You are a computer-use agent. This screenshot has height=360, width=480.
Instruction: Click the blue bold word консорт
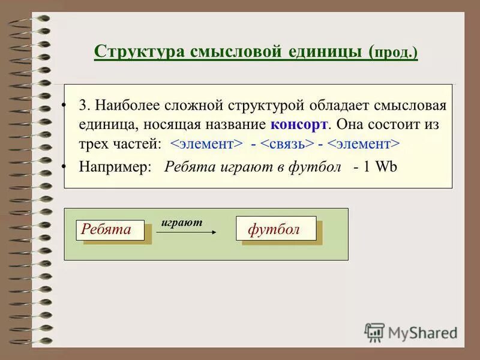coord(299,125)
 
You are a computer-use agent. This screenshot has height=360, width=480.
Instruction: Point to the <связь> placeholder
coord(287,145)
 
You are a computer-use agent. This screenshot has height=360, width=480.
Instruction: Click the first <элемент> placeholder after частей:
coord(206,145)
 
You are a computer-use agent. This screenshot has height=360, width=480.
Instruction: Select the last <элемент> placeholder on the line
coord(364,145)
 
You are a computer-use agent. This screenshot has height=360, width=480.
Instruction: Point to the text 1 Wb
coord(380,167)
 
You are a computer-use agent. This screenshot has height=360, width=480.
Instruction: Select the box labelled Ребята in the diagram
coord(110,229)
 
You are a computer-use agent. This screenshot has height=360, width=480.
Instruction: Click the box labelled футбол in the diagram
coord(276,229)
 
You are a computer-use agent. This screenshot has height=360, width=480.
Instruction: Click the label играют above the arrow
coord(182,222)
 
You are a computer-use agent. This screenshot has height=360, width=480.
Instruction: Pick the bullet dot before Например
coord(64,166)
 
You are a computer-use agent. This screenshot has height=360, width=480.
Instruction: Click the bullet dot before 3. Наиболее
coord(64,106)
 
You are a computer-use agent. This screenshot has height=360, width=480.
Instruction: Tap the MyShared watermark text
coord(423,331)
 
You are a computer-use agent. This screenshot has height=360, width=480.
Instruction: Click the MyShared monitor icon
coord(374,332)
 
